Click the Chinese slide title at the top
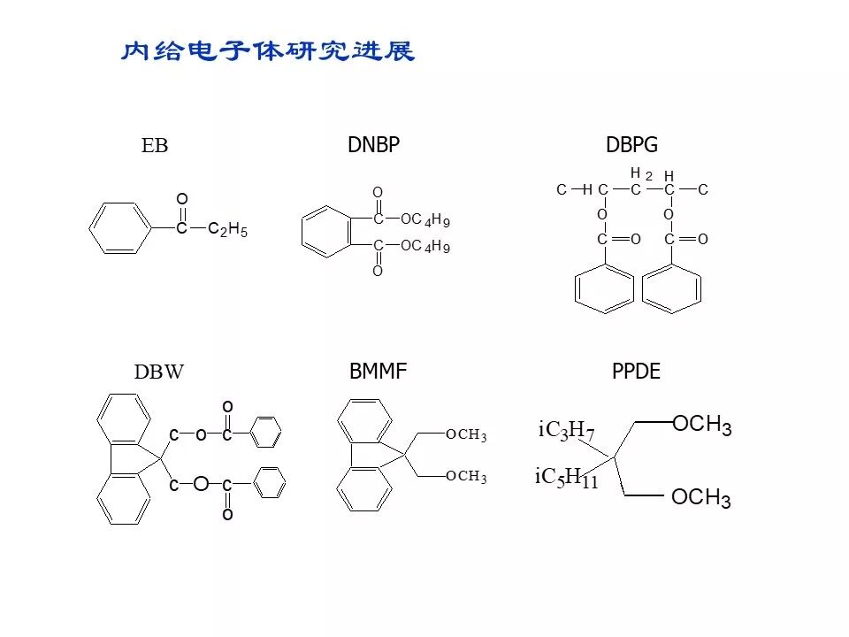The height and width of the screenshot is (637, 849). coord(267,51)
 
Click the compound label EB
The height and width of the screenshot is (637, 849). coord(155,146)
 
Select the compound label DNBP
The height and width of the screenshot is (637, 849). coord(373,145)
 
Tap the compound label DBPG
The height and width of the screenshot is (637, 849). coord(632,145)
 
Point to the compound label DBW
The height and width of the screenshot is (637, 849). coord(159,372)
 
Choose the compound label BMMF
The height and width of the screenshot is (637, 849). coord(378,372)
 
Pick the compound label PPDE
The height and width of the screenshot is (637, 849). coord(636,372)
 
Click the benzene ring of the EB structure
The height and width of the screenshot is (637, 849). coord(120,228)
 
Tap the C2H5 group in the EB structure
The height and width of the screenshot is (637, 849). coord(227,230)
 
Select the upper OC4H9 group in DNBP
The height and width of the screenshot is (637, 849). coord(425,219)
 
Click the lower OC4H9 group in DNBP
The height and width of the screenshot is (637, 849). coord(425,247)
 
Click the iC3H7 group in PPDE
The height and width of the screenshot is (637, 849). coord(566,431)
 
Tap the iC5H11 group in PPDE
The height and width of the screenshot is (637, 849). coord(567,479)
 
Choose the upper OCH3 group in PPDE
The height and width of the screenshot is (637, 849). coord(702,425)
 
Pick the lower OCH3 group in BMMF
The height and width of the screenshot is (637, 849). coord(466,476)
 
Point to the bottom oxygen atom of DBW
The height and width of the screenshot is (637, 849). coord(227,514)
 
